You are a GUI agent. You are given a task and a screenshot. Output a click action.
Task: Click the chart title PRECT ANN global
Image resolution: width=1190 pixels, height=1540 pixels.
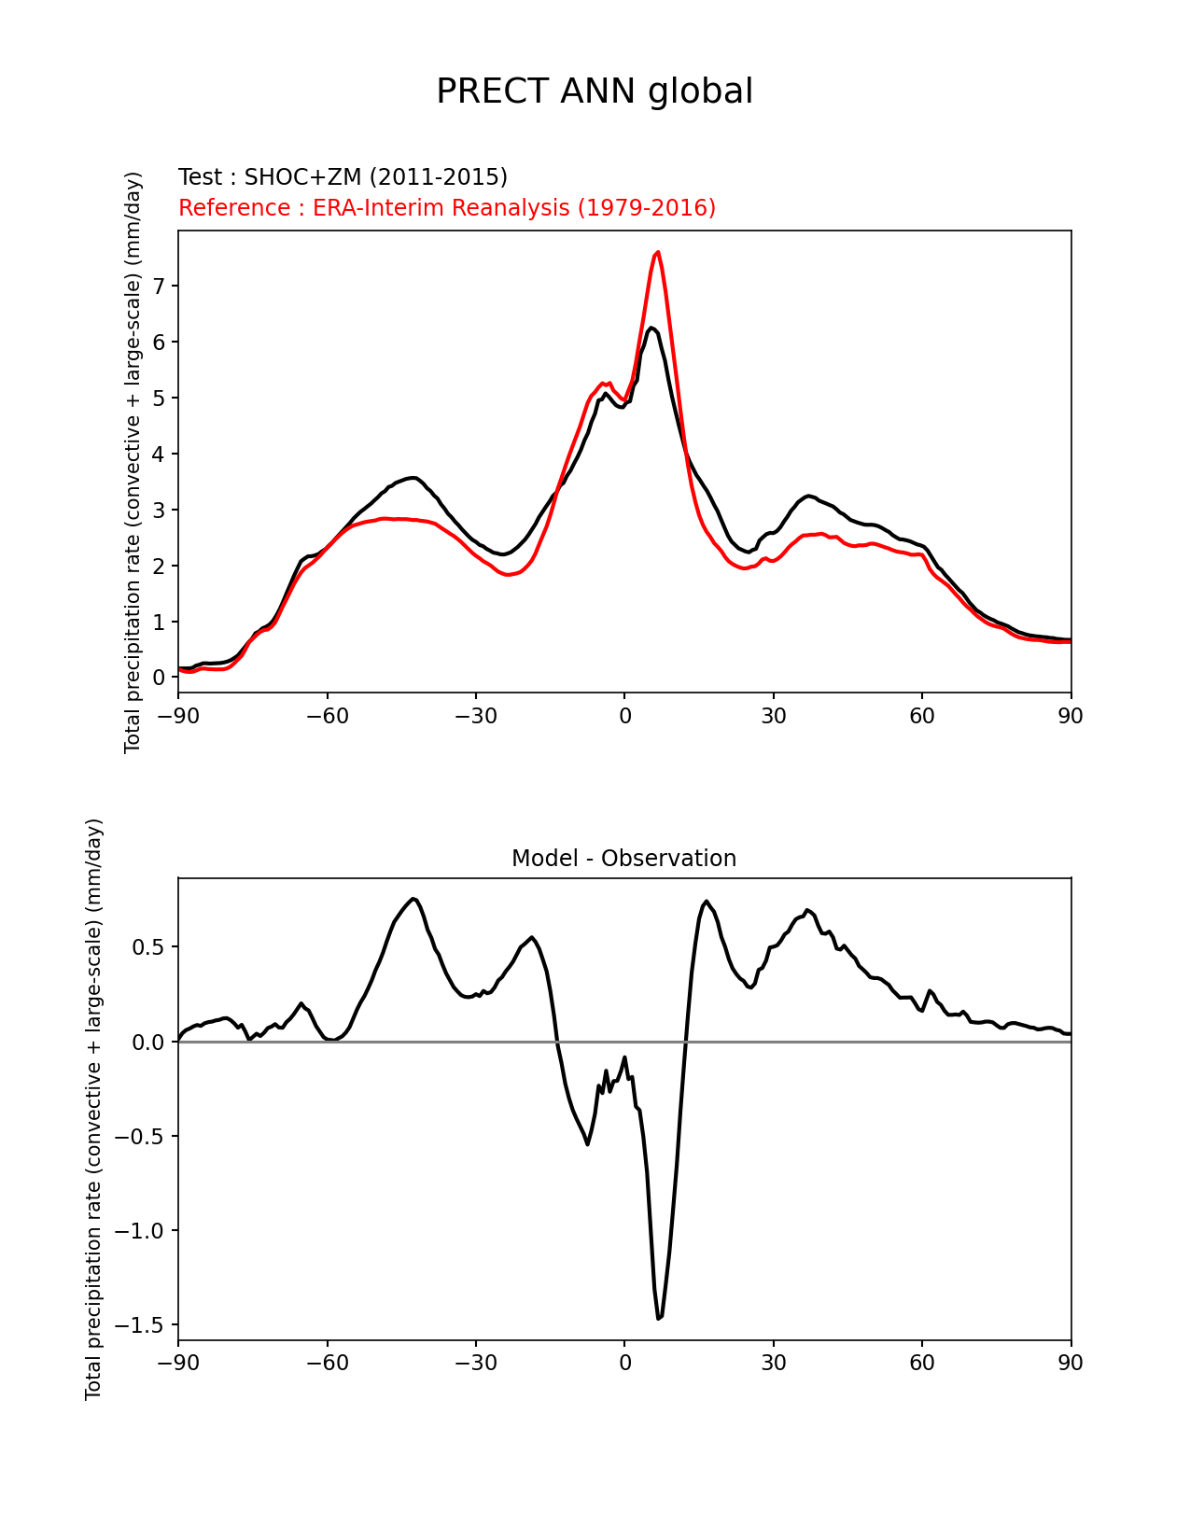(595, 91)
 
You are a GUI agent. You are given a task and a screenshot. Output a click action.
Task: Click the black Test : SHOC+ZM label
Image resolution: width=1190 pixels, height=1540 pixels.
(343, 177)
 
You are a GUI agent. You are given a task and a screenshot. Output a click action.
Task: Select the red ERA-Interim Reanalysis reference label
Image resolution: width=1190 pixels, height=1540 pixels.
(447, 208)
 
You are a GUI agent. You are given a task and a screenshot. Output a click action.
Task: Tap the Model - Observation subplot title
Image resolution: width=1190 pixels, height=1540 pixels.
(623, 859)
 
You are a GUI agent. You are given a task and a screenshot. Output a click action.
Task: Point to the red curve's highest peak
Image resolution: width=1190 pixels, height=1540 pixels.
(658, 252)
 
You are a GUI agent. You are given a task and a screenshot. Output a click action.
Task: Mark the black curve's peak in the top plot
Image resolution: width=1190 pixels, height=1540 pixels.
(651, 329)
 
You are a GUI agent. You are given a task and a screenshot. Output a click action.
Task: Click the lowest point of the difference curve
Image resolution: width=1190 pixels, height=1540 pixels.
(659, 1318)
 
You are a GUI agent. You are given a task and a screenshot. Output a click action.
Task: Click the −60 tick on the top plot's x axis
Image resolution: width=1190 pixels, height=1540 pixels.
(327, 716)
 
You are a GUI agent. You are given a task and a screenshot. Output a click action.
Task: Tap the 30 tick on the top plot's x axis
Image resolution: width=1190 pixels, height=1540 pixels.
(773, 716)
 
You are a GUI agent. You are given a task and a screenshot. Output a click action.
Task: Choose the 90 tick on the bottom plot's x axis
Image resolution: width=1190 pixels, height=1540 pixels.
(1071, 1364)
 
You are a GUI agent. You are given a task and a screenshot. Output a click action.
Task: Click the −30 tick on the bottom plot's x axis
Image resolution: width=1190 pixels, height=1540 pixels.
(475, 1364)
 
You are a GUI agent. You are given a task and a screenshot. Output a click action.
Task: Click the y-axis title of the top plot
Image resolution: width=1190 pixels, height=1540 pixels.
(133, 462)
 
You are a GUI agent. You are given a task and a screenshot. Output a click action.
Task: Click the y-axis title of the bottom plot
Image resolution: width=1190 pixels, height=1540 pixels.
(94, 1109)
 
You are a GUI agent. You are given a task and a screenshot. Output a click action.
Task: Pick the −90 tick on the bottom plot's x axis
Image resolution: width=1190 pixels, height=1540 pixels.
(178, 1364)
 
